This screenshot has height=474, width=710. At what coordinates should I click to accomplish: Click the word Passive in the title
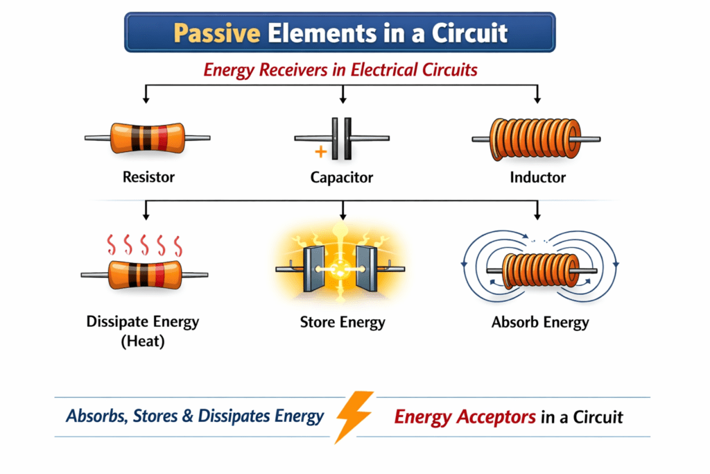pos(212,33)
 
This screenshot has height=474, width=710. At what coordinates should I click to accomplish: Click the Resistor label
pos(148,177)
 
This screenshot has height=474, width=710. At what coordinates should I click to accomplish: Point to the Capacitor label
pos(341,178)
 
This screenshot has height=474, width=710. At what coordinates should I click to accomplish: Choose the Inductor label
pos(537,177)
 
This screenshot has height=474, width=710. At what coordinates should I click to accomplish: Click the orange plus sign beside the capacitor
pos(320,152)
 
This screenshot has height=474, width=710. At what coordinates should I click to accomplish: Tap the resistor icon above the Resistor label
pos(147,137)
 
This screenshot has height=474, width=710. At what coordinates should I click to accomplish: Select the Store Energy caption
pos(343,322)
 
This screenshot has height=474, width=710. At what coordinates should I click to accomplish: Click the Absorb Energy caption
pos(540,322)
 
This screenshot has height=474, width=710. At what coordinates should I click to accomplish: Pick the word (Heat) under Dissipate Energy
pos(142,342)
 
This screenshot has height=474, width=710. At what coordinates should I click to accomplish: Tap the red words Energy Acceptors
pos(465,416)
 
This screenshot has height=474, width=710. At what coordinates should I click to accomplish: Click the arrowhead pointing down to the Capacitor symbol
pos(342,101)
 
